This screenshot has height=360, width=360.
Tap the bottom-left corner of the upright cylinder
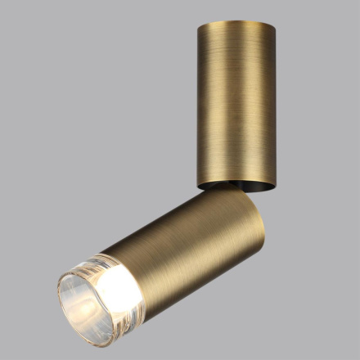pos(197,184)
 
